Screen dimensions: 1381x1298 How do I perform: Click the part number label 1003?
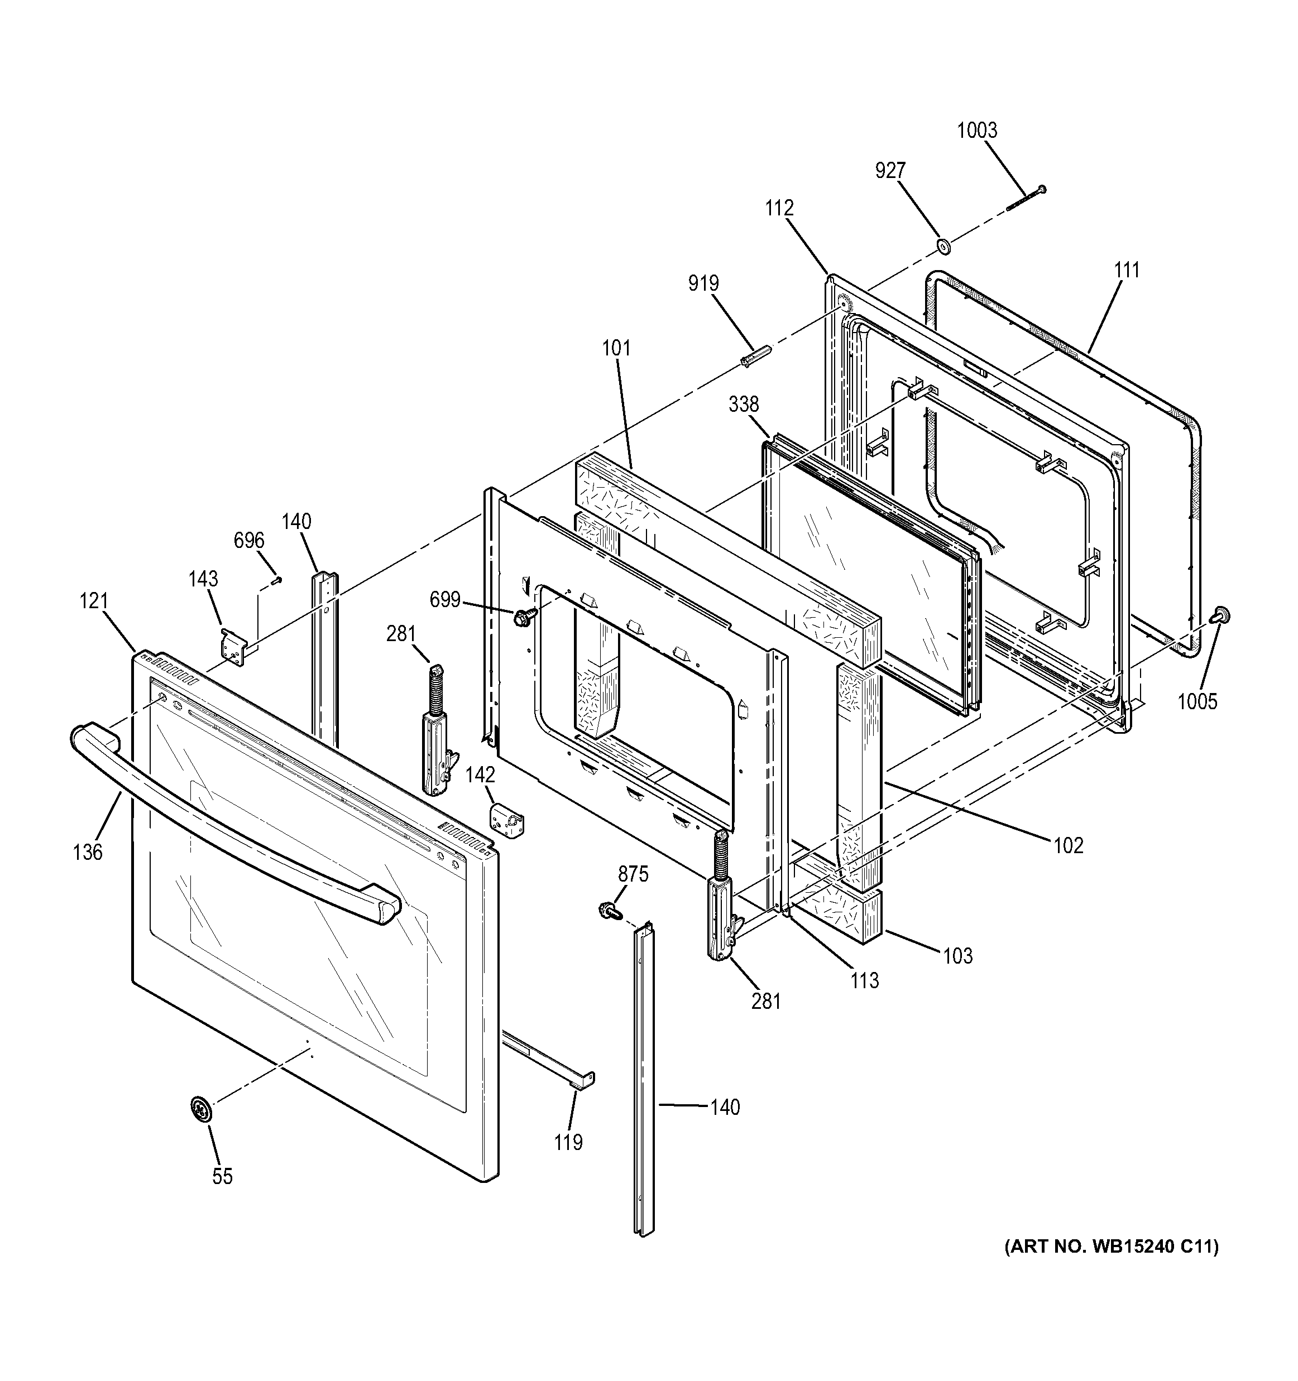[976, 131]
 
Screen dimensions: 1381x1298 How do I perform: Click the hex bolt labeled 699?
[523, 616]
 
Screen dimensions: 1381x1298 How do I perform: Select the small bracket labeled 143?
[234, 647]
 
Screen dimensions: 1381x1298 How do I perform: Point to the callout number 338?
[744, 405]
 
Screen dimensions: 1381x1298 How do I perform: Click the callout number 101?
[616, 348]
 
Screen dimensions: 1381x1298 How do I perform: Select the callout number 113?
[864, 980]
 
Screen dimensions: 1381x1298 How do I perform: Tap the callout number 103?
[957, 956]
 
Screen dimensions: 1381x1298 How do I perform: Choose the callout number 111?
[1127, 270]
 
